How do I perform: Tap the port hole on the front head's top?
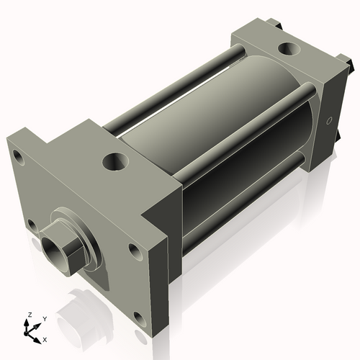click(113, 161)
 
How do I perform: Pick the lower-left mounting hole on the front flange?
click(32, 226)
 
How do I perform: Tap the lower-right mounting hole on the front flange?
click(136, 318)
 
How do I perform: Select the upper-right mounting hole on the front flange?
click(134, 251)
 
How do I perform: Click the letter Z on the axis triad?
click(29, 315)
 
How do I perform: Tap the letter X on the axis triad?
click(45, 338)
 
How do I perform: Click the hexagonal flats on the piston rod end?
click(68, 248)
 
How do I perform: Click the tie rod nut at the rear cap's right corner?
click(352, 66)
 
